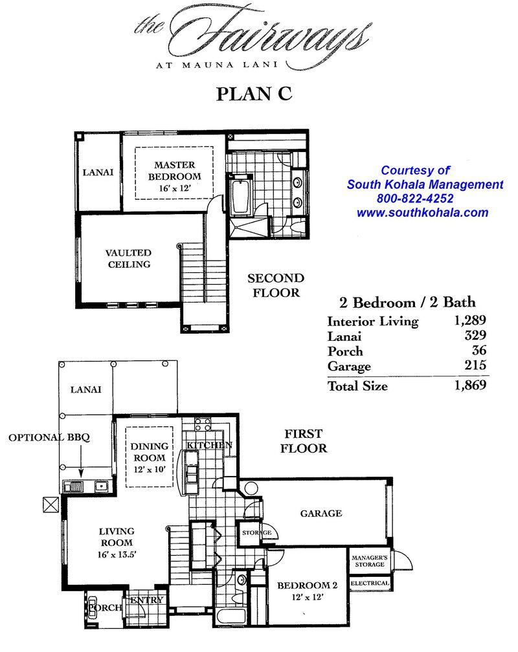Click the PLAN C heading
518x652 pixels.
tap(254, 94)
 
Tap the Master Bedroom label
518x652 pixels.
tap(174, 171)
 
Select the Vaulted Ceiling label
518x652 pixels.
tap(128, 258)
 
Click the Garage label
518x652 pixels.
tap(321, 513)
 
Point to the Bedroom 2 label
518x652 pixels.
tap(308, 585)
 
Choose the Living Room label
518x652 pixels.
tap(117, 537)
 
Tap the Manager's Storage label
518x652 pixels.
tap(370, 561)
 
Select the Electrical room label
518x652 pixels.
tap(370, 583)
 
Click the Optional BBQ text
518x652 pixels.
tap(49, 437)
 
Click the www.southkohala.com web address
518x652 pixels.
tap(422, 212)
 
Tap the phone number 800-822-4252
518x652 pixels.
tap(415, 199)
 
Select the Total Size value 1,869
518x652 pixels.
tap(470, 385)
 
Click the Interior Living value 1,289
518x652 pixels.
tap(470, 320)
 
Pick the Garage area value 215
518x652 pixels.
tap(475, 365)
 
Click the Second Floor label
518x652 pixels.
tap(276, 285)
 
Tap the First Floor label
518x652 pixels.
tap(304, 440)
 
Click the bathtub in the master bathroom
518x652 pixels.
tap(241, 196)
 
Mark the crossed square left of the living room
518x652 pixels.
tap(51, 505)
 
